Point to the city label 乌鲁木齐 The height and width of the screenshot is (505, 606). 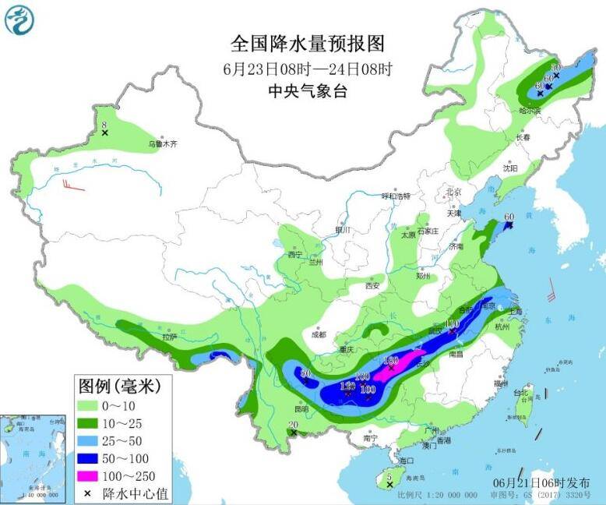tap(164, 144)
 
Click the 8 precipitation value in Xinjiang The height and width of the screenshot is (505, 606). tap(104, 125)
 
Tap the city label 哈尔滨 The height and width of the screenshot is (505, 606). tap(529, 111)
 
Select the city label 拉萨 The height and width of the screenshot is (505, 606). tap(169, 337)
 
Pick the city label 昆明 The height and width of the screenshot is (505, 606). tap(301, 409)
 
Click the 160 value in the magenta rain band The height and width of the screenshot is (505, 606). tap(391, 360)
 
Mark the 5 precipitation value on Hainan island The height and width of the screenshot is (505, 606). tap(388, 476)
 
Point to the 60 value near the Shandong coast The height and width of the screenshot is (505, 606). tap(510, 217)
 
